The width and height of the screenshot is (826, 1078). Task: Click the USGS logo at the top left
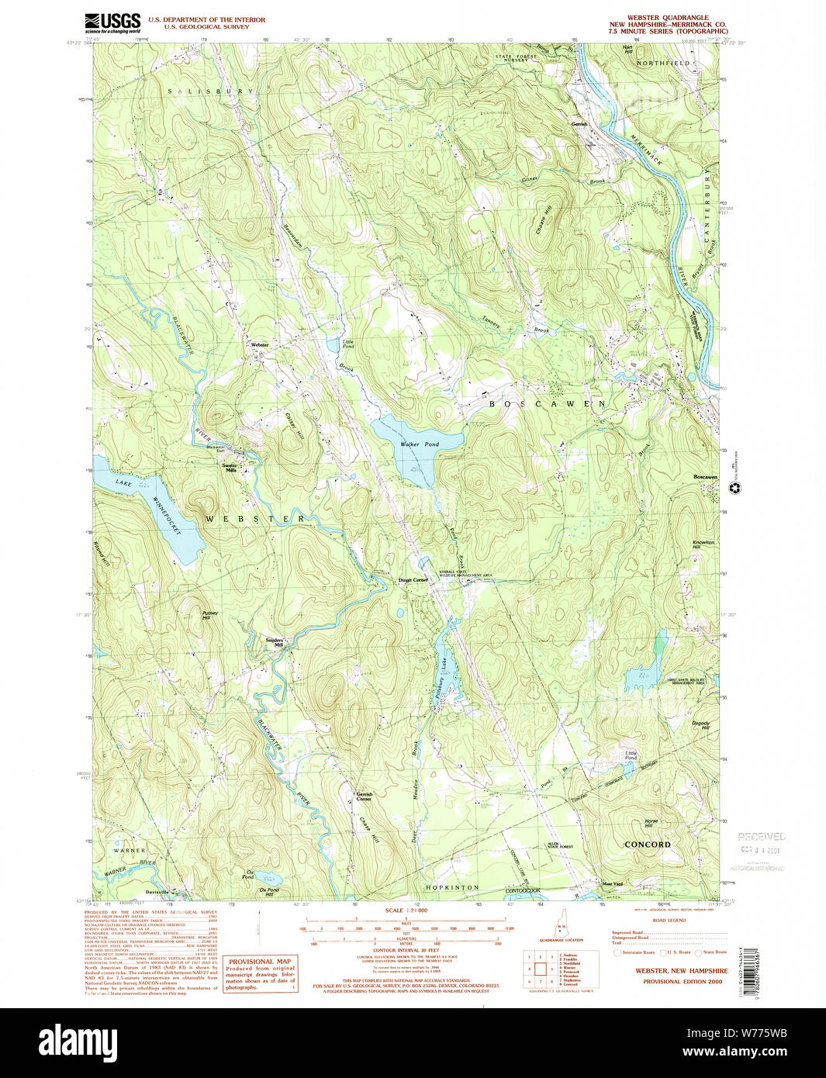click(112, 22)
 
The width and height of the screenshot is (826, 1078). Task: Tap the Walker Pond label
click(420, 444)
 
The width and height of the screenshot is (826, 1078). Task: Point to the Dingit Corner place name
click(413, 580)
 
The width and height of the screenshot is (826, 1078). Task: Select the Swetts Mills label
click(230, 468)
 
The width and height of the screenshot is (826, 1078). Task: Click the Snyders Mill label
click(275, 642)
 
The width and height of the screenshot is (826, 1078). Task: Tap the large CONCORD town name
click(647, 845)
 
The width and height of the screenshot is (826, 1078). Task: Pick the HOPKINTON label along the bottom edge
click(452, 887)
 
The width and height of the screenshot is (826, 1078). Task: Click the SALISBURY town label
click(211, 92)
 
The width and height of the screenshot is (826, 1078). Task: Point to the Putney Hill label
click(210, 615)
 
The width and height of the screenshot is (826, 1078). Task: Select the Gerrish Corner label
click(364, 796)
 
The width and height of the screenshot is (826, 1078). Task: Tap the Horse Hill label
click(651, 824)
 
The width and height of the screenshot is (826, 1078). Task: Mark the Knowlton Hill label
click(703, 544)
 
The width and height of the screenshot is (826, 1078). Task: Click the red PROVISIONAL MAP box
click(260, 974)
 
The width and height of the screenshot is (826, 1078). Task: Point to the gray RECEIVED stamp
click(761, 838)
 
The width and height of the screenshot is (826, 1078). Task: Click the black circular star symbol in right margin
click(735, 488)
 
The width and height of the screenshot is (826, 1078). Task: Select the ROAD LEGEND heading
click(669, 921)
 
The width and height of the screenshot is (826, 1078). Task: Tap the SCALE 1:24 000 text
click(406, 910)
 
